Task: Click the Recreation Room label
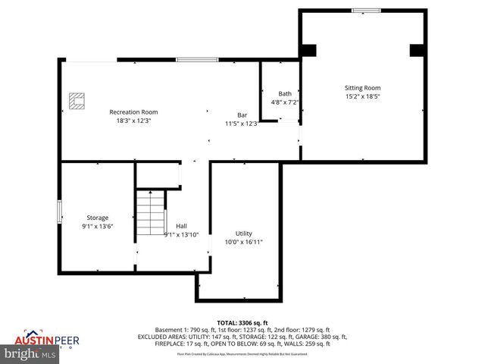133,112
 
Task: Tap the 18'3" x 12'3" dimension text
133,121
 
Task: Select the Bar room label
242,115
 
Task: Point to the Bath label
285,93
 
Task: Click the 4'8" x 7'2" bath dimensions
285,102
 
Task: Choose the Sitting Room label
362,88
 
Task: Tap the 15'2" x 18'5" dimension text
362,97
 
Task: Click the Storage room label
97,218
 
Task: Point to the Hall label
181,226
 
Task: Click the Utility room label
243,234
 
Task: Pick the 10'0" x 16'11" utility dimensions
243,243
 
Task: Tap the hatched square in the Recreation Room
77,101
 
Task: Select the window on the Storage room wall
60,212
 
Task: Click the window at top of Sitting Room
367,11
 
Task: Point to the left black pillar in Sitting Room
308,50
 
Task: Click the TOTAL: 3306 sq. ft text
242,322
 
